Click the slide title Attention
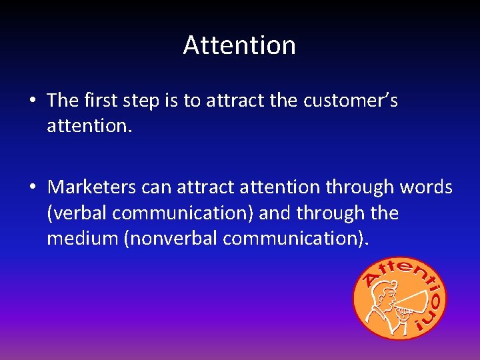pos(239,45)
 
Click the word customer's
pos(350,100)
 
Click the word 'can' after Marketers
pos(156,187)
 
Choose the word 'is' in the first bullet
pos(171,100)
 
